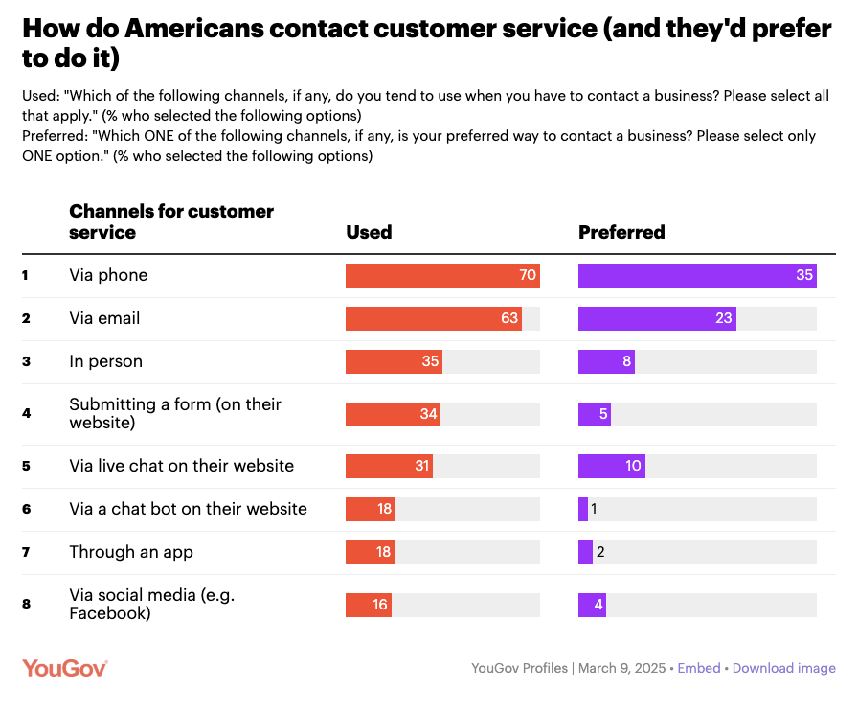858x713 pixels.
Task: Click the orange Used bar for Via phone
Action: coord(442,275)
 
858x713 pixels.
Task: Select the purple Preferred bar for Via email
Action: coord(657,318)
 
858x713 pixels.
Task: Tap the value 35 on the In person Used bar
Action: coord(430,361)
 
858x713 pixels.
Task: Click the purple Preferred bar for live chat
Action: coord(611,466)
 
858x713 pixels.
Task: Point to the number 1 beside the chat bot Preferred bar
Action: coord(594,509)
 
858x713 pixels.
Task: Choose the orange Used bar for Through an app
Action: coord(370,552)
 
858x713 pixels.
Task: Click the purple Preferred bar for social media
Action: coord(592,605)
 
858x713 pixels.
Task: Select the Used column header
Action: coord(369,232)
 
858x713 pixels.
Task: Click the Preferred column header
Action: coord(621,232)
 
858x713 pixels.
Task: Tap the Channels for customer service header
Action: coord(171,221)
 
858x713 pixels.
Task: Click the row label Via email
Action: coord(104,318)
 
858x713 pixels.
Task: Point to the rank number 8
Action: coord(26,605)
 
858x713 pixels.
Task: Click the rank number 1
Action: coord(26,276)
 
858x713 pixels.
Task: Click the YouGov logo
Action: coord(64,668)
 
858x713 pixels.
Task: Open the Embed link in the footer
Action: coord(698,668)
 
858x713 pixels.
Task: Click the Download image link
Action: coord(783,668)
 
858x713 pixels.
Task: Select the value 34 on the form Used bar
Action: coord(428,414)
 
